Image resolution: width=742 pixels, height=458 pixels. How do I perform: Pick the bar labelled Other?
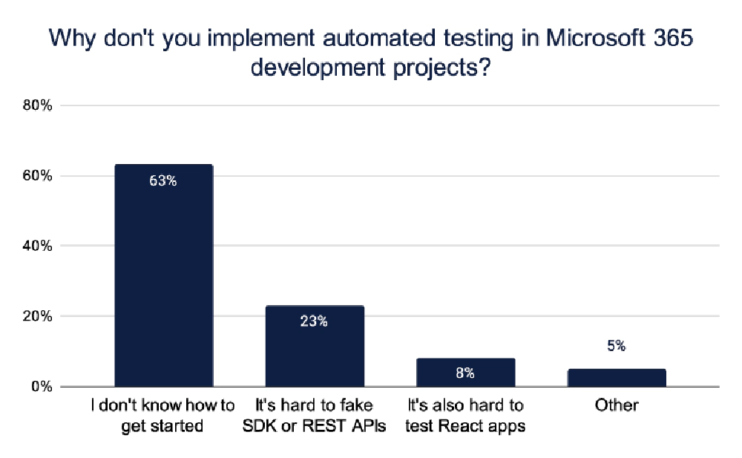[617, 378]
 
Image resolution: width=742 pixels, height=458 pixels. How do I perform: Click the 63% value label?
[163, 180]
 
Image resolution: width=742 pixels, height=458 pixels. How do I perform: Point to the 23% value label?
[315, 321]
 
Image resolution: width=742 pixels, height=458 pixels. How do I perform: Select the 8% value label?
[466, 373]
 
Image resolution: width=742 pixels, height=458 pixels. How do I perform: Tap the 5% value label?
[617, 346]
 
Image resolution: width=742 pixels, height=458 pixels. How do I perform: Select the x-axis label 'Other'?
[617, 406]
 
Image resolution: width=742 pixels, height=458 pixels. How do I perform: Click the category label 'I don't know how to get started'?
[163, 416]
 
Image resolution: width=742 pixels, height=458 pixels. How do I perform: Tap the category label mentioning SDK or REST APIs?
[315, 416]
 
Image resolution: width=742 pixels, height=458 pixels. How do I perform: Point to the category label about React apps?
[466, 416]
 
